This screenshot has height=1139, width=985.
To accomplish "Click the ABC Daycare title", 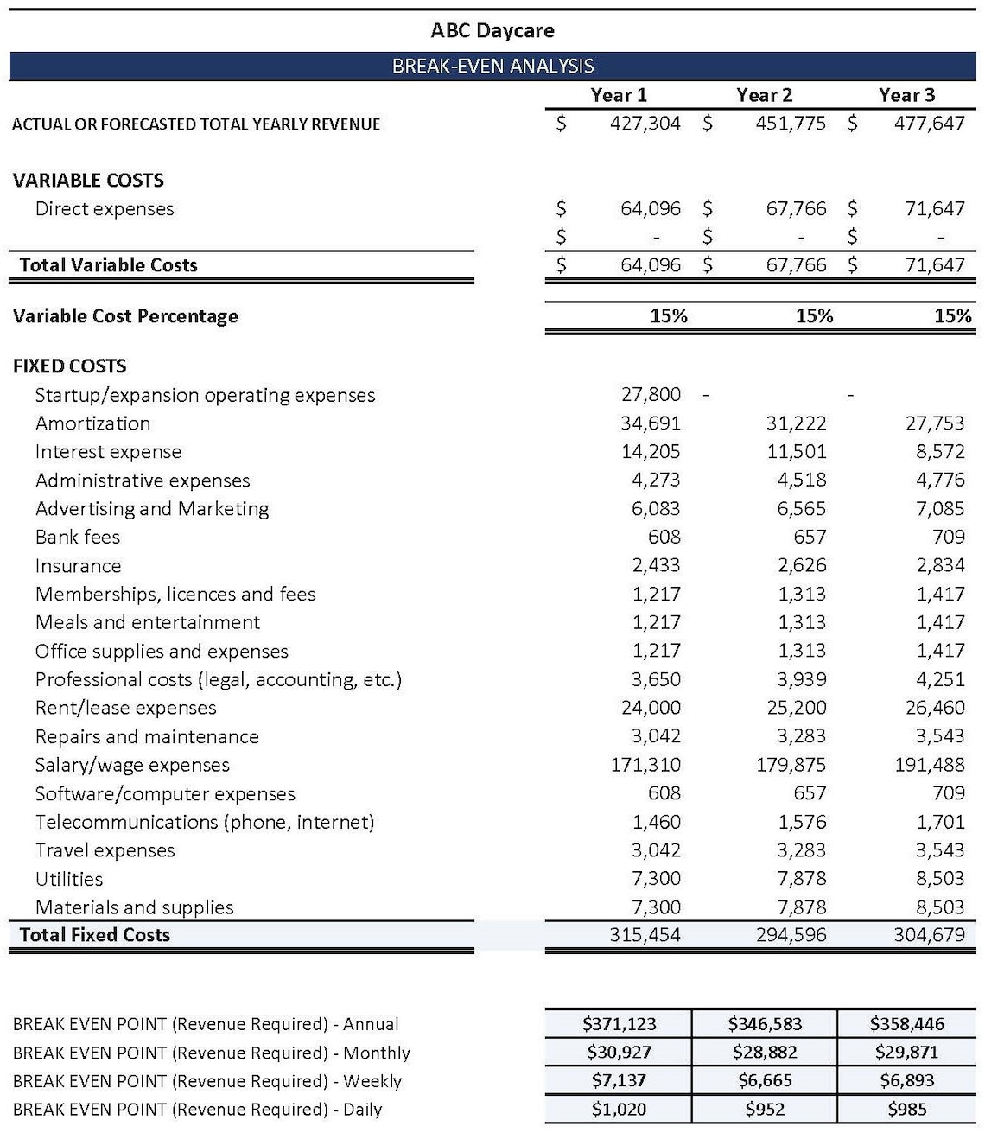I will tap(492, 31).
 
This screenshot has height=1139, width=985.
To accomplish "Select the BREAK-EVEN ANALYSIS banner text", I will tap(492, 66).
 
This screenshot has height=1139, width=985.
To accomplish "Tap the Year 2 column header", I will tap(764, 95).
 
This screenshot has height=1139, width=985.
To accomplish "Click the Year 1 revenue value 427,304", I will tap(645, 124).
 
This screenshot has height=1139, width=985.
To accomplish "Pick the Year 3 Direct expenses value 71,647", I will tap(934, 208).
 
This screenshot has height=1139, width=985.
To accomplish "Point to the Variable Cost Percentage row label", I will tap(125, 316).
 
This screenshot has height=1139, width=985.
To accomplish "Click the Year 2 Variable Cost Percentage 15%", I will tap(813, 316).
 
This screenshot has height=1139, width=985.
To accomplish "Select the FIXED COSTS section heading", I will tap(69, 366).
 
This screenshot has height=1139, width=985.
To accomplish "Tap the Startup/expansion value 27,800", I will tap(651, 395).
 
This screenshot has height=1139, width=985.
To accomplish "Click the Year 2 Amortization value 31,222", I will tap(796, 423).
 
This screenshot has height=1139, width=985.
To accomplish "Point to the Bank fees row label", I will tap(78, 538).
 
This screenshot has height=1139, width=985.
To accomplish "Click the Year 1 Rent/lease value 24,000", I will tap(651, 708).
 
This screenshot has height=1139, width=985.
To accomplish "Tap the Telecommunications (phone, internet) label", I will tap(205, 822).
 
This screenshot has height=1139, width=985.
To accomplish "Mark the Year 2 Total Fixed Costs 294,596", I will tap(791, 935).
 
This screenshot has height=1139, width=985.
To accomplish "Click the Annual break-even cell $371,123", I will tap(619, 1024).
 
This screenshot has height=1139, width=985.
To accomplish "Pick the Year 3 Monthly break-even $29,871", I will tap(906, 1053).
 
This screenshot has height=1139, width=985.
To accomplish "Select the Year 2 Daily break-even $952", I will tap(765, 1110).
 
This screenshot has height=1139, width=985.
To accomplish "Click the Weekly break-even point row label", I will tap(207, 1081).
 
